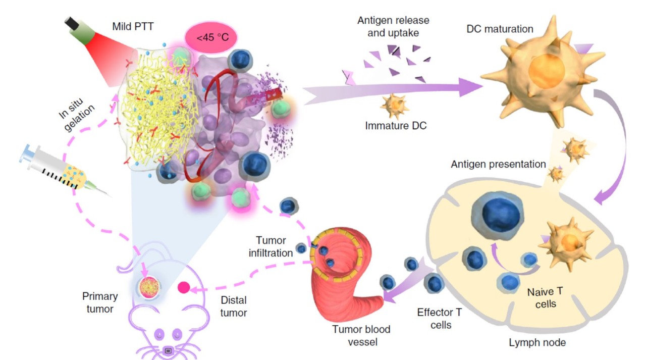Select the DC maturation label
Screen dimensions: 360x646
(x=500, y=29)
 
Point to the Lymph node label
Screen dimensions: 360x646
(x=537, y=342)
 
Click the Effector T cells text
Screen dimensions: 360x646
(x=439, y=318)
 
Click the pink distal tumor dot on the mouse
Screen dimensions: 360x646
(x=183, y=288)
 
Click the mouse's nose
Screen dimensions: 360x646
(x=169, y=350)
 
